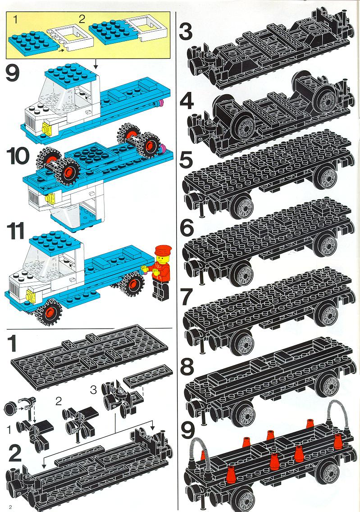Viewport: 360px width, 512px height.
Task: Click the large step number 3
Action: pos(186,32)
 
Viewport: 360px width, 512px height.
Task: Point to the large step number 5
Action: pos(187,160)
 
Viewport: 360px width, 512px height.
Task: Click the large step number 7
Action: pos(187,297)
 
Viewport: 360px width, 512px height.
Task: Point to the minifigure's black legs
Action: pos(160,290)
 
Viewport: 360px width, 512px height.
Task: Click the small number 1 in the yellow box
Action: pos(15,19)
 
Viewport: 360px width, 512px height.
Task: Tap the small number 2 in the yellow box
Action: pos(82,18)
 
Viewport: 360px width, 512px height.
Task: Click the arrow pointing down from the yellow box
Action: pos(96,64)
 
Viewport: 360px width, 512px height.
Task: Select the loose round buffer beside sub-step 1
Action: pos(10,408)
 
